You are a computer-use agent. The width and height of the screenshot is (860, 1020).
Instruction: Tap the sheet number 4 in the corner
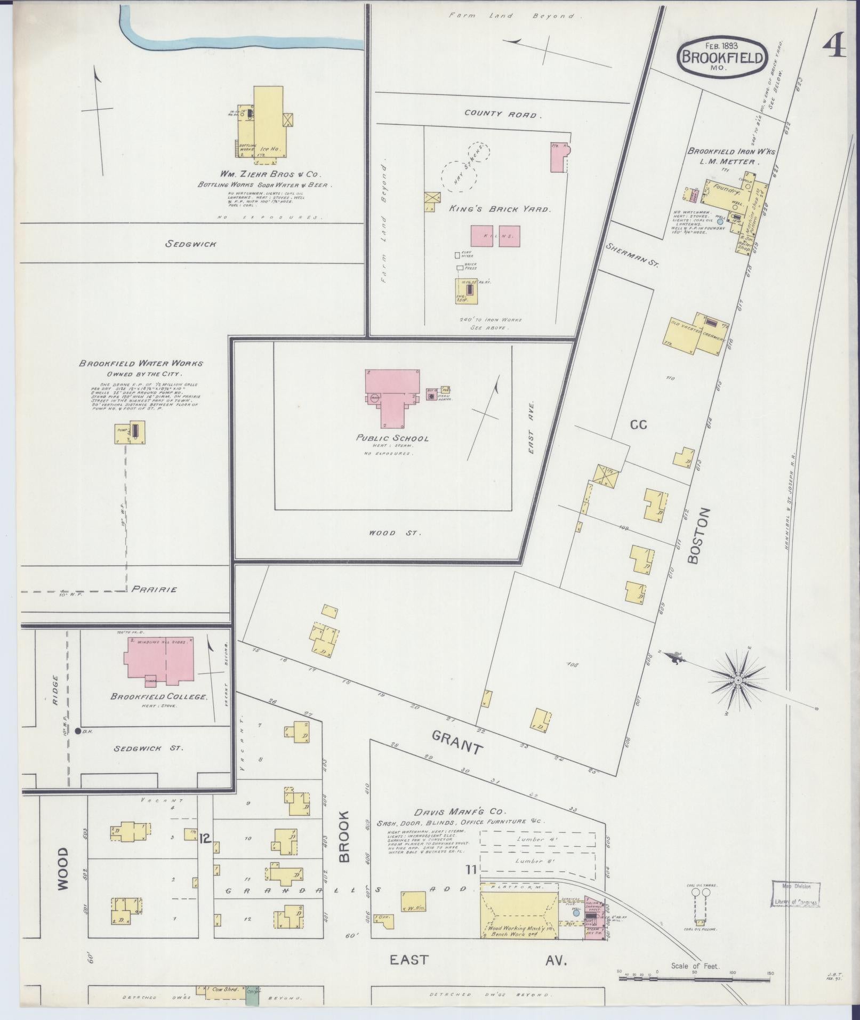tap(834, 48)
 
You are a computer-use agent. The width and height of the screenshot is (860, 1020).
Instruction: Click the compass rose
tap(738, 680)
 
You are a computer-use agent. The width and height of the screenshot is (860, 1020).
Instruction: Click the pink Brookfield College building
tap(159, 659)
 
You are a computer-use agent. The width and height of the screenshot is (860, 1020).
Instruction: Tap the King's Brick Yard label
tap(499, 209)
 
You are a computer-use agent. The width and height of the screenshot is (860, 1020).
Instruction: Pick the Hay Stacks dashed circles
tap(464, 168)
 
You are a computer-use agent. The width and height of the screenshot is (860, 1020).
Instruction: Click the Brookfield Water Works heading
tap(141, 364)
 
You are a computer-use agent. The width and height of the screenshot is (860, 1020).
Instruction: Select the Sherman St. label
tap(633, 254)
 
